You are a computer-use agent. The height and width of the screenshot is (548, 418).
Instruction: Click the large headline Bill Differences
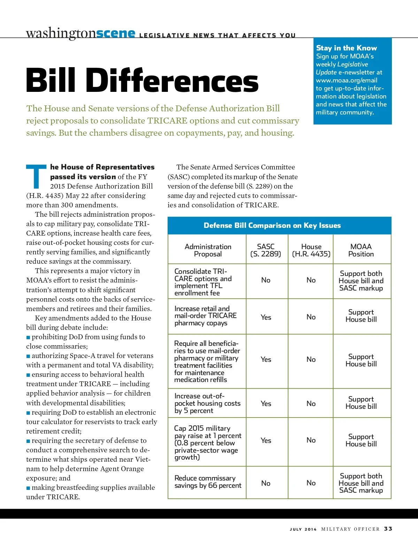142,80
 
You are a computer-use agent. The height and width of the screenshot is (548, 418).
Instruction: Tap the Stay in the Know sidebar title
346,48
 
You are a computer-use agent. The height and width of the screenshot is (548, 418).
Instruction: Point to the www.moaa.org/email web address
346,80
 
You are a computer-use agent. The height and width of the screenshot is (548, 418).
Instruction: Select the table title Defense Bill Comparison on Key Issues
272,225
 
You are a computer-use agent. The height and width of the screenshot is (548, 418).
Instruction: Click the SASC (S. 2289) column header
266,250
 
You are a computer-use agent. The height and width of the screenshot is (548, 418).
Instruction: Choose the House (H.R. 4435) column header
311,250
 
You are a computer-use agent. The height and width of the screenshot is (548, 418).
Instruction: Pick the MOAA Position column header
361,250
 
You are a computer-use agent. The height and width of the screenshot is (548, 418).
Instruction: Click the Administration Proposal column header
208,250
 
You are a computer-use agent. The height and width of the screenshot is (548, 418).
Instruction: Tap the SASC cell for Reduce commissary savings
266,483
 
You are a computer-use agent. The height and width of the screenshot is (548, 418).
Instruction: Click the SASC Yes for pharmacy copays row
266,317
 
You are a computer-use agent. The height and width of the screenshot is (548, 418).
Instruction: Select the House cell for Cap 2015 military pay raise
311,440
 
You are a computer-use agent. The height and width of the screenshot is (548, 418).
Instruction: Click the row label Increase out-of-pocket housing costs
207,403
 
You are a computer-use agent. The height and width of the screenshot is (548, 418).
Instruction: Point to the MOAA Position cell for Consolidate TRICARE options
361,281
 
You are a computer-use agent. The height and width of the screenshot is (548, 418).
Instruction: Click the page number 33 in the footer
388,529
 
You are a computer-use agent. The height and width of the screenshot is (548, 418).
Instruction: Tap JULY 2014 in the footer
303,529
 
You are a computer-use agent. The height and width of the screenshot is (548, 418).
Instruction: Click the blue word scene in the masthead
116,33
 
